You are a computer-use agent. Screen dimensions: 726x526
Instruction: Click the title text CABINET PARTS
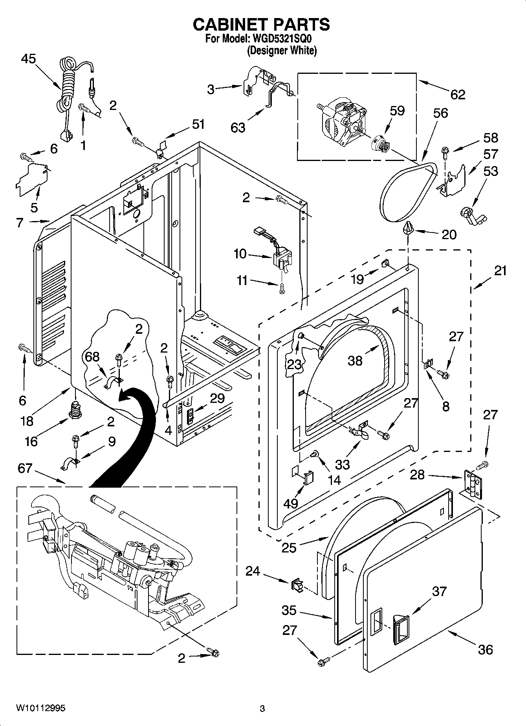coord(261,25)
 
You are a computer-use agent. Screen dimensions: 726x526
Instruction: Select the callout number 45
coord(28,59)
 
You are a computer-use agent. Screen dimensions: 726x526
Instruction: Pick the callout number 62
coord(458,94)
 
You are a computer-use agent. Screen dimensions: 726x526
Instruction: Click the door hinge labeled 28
coord(473,484)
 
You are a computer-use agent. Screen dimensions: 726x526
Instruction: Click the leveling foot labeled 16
coord(73,410)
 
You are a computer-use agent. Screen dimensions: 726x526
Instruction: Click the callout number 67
coord(25,468)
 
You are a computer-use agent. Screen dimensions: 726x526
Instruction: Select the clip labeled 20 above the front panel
coord(409,227)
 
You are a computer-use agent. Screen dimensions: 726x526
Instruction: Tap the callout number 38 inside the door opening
coord(355,360)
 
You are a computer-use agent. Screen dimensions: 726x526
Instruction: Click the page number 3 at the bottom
coord(262,709)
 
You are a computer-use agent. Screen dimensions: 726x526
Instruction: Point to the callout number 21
coord(500,271)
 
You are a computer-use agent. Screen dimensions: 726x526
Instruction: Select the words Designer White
coord(282,51)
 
